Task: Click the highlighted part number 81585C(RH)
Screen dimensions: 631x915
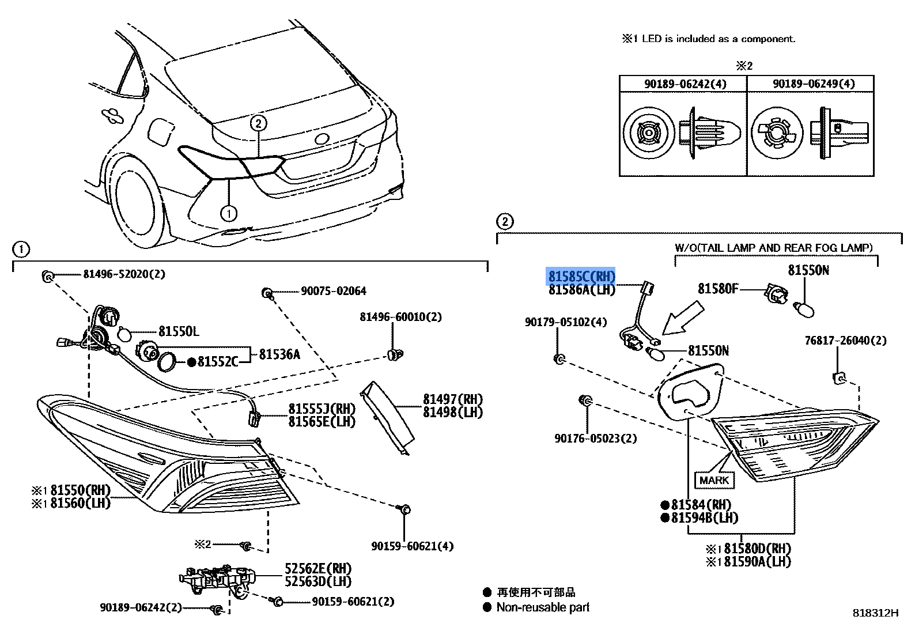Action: [x=581, y=277]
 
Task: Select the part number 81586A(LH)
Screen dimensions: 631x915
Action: [x=581, y=290]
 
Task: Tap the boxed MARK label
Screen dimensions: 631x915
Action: [x=714, y=480]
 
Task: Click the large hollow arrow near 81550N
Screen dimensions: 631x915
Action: [x=682, y=319]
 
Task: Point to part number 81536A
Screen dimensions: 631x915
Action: [x=279, y=354]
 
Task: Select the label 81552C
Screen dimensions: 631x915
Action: [x=217, y=362]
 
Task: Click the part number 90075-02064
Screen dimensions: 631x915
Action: [x=333, y=291]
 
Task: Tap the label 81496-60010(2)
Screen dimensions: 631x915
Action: [x=400, y=317]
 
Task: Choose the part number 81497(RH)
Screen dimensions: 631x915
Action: [x=452, y=399]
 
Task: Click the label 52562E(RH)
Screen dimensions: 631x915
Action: [x=317, y=569]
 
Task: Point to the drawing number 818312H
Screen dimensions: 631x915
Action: [x=875, y=613]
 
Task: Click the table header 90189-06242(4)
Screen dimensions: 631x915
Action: [x=685, y=84]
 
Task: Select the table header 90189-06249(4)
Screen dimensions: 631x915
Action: [x=814, y=84]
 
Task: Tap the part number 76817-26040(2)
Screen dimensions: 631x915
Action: [x=845, y=341]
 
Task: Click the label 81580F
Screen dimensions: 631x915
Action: [x=717, y=289]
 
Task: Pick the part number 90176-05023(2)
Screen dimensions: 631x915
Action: [x=595, y=439]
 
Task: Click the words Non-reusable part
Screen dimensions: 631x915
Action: [x=543, y=607]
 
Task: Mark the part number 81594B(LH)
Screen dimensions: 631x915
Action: [x=704, y=517]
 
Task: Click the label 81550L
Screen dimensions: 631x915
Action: [x=179, y=331]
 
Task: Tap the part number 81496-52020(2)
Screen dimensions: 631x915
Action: [x=124, y=274]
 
